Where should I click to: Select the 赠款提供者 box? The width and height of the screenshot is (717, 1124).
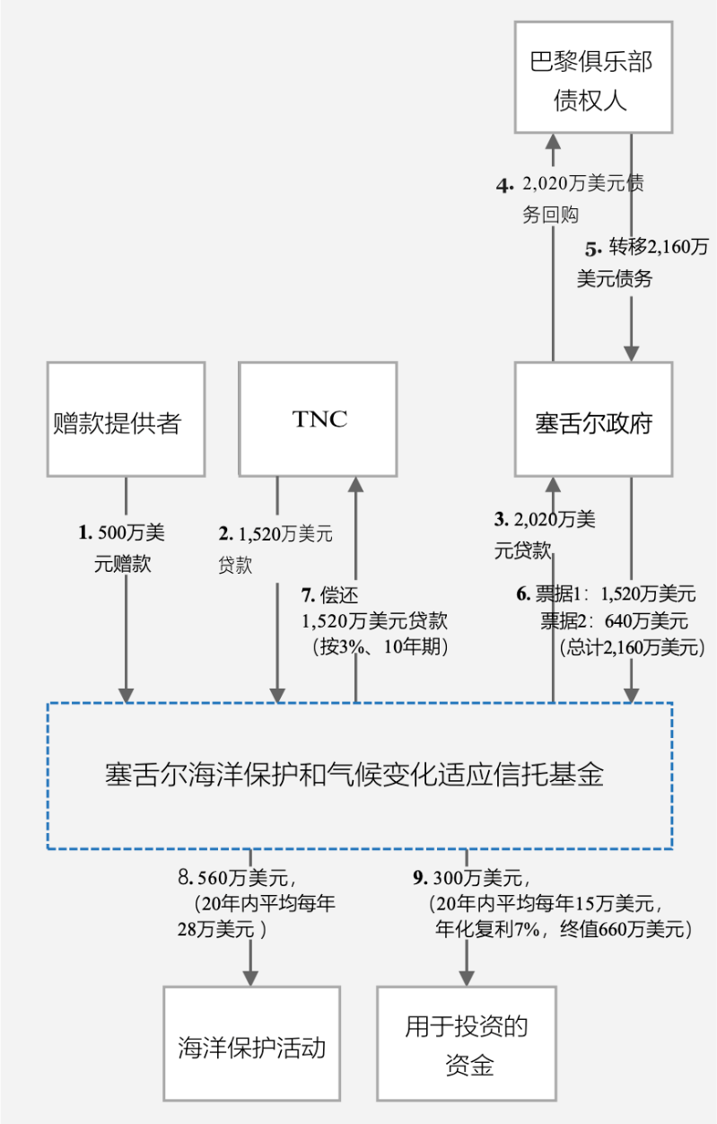coord(126,418)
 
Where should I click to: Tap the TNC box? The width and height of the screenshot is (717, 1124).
coord(319,418)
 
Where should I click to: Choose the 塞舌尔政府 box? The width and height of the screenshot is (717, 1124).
coord(593,418)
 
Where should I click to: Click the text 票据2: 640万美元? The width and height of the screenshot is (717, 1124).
coord(614,619)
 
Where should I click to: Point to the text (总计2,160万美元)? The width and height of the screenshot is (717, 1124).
coord(633,645)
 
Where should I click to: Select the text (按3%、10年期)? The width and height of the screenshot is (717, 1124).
coord(377,645)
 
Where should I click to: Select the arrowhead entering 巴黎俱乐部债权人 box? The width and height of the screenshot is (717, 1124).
coord(553,142)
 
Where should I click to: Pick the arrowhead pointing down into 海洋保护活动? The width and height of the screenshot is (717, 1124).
coord(250,977)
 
